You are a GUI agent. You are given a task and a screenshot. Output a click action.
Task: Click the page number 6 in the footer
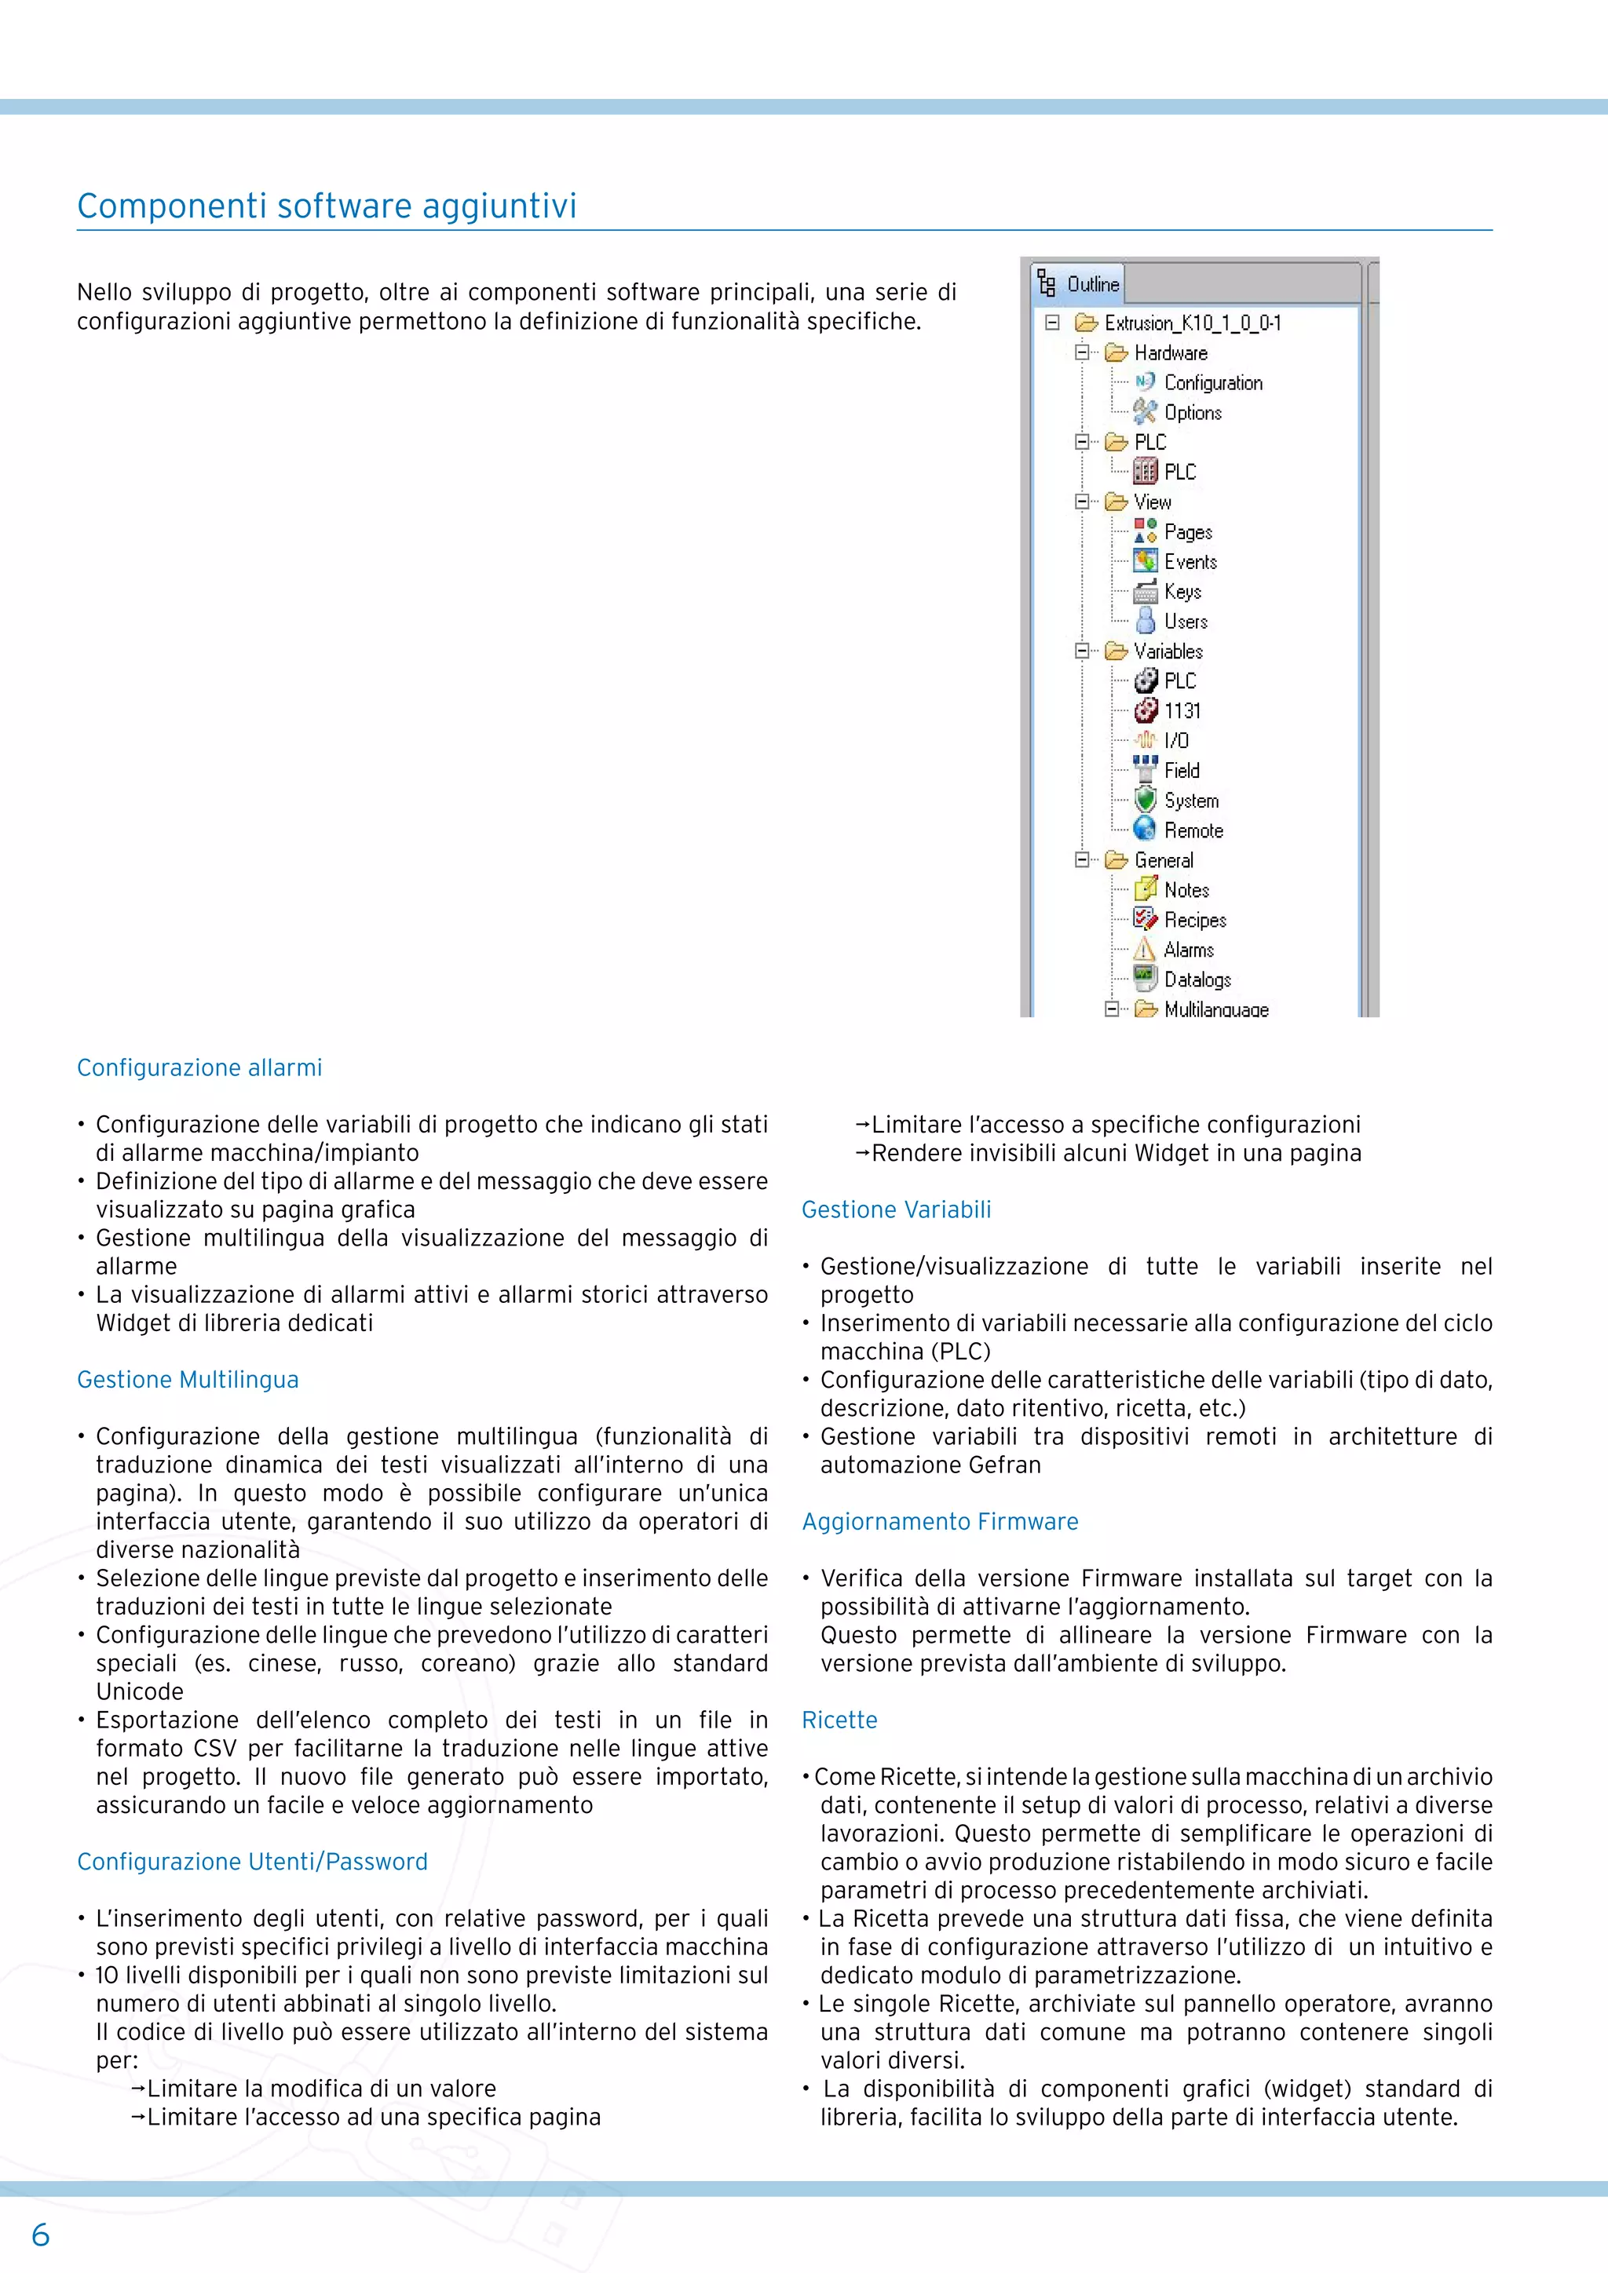click(41, 2235)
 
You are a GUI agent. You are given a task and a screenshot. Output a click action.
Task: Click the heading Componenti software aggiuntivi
click(327, 206)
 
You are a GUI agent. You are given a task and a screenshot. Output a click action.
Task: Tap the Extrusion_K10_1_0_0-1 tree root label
click(1192, 323)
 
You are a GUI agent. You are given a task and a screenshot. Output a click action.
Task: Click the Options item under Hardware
click(1192, 413)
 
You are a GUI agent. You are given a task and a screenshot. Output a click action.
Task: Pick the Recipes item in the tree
click(1194, 920)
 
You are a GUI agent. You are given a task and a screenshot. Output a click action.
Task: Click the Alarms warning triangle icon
click(1145, 950)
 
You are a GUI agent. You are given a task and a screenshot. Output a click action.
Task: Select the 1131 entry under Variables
click(1182, 711)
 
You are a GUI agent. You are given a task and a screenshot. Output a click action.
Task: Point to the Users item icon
click(1145, 622)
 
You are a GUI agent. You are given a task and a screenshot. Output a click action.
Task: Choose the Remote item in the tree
click(1193, 830)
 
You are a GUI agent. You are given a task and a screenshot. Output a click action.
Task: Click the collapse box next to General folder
click(1082, 859)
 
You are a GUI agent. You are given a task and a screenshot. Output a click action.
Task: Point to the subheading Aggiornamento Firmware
click(940, 1522)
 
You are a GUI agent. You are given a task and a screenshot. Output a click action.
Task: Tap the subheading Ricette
click(839, 1720)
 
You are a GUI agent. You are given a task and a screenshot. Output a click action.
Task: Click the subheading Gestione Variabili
click(896, 1209)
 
